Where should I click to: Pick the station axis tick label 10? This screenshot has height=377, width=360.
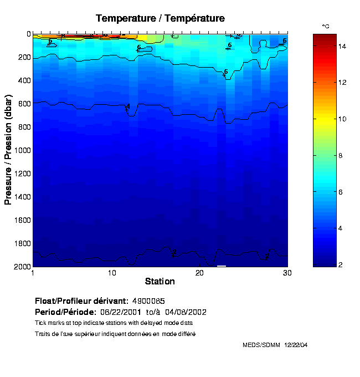coord(112,273)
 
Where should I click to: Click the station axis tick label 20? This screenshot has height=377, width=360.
coord(200,273)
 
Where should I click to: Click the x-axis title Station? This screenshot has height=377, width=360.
coord(160,281)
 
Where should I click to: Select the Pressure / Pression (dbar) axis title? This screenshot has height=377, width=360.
coord(8,150)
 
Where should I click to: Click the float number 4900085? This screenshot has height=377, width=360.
coord(148,301)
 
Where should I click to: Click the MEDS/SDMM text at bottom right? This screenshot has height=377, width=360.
coord(262,345)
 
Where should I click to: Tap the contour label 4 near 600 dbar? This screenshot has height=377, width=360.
coord(128,106)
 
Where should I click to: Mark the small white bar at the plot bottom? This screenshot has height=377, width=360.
coord(222,266)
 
